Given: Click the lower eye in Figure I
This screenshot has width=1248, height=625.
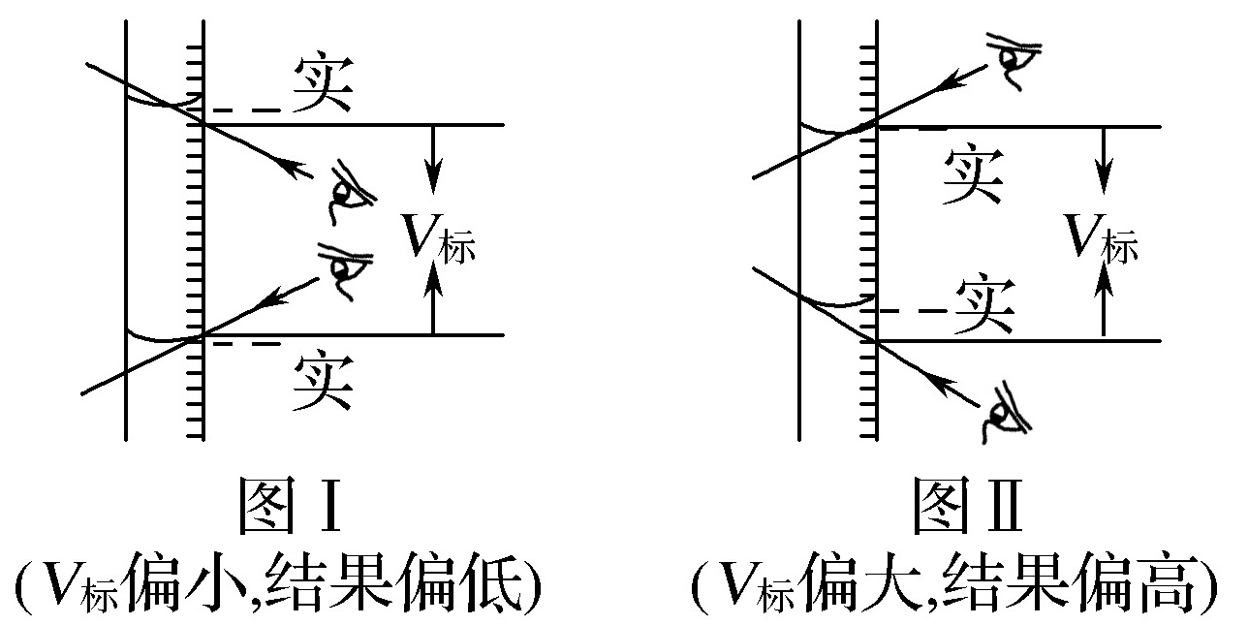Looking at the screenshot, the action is tap(345, 270).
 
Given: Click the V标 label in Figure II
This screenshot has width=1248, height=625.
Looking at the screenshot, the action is tap(1102, 238).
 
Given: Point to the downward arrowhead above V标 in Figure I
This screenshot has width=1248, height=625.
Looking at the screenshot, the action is tap(433, 176).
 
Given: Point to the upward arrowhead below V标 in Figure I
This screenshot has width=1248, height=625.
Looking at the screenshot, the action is tap(433, 282).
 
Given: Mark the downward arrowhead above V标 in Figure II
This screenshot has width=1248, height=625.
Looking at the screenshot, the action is tap(1104, 176).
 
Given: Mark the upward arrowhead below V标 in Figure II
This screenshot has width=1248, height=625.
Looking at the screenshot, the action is tap(1104, 282).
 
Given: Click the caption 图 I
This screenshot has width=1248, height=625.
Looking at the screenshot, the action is tap(290, 506).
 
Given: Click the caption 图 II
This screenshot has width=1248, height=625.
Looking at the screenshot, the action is tap(968, 506).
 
